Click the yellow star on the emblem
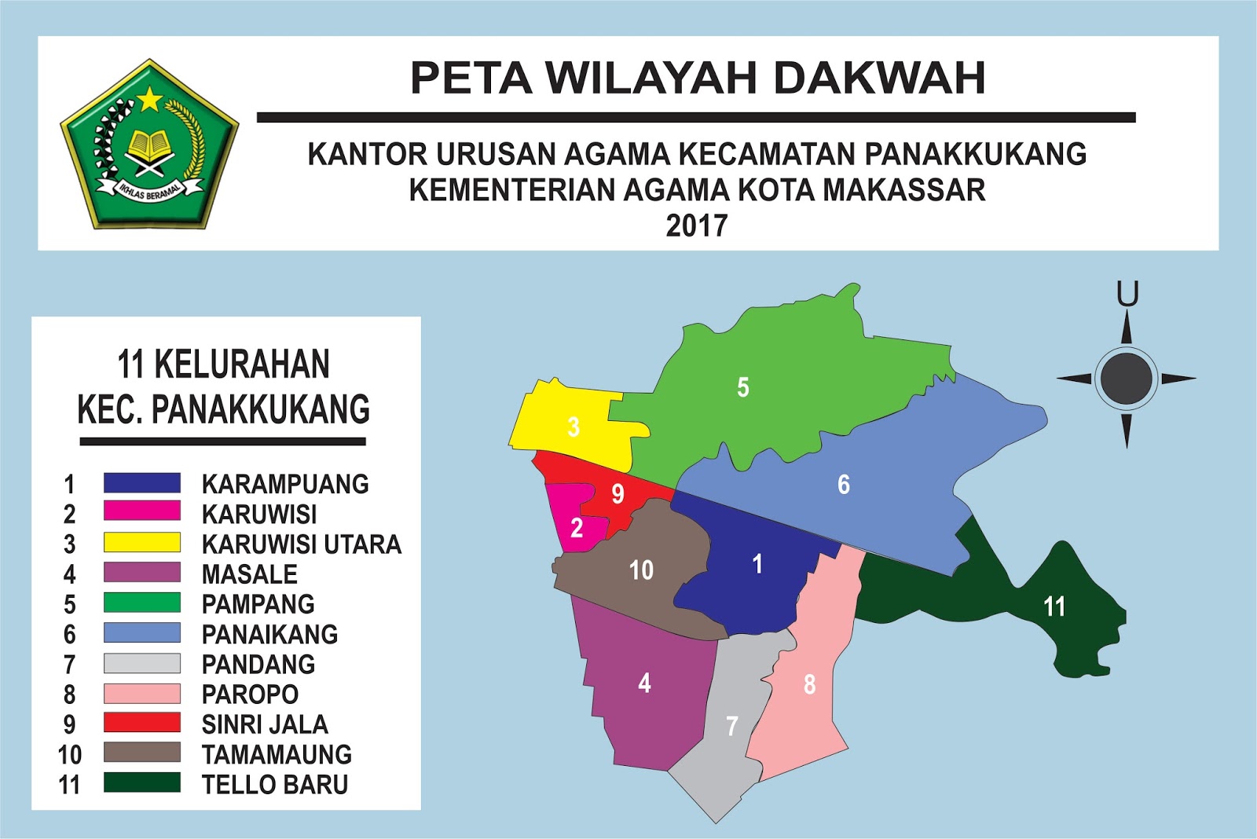coord(149,100)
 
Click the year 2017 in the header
coord(697,226)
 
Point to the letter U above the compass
coord(1127,295)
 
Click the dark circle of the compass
coord(1127,378)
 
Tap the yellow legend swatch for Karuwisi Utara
coord(142,543)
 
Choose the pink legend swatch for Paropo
coord(142,694)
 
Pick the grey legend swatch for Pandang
coord(142,664)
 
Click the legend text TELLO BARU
coord(275,784)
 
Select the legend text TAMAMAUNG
coord(277,754)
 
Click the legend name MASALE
coord(250,574)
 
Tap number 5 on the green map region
coord(742,387)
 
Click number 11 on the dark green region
coord(1054,606)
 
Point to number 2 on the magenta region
coord(577,528)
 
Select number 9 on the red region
coord(618,494)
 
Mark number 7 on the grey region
coord(732,726)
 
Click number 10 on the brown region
coord(641,570)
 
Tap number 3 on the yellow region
coord(574,427)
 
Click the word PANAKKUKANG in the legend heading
coord(260,409)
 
